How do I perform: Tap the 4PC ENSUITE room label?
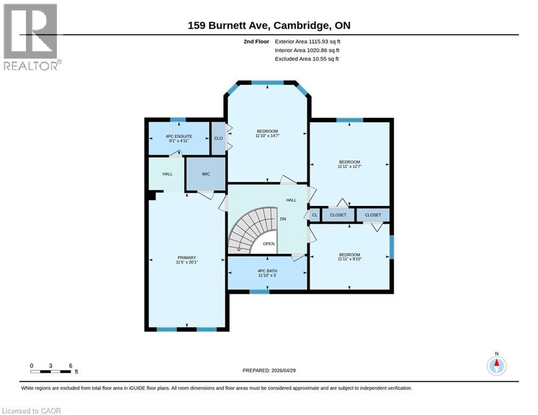178,137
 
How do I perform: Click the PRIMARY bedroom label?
187,258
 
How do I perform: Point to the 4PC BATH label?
267,271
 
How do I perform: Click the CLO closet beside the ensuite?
218,138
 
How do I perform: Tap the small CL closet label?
315,215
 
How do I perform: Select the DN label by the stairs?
282,219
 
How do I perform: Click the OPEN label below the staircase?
269,244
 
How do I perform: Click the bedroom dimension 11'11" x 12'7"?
349,167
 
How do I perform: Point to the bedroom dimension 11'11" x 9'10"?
349,260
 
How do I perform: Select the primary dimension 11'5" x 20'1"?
187,263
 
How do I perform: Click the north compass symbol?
496,366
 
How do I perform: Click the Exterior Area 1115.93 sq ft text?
307,41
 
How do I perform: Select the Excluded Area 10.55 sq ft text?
307,59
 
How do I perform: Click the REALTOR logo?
31,37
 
